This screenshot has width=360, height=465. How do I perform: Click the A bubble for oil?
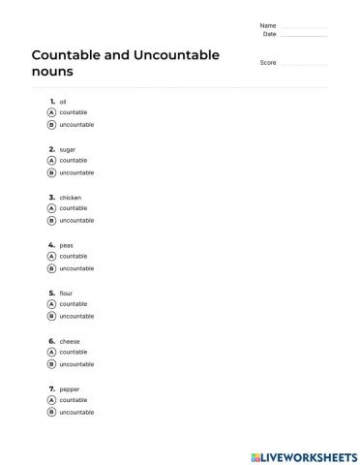point(51,112)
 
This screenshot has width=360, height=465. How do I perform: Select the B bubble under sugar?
point(51,172)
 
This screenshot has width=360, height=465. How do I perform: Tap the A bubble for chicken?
point(51,208)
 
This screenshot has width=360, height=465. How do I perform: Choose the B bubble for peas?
point(51,268)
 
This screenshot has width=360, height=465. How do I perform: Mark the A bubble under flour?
point(51,304)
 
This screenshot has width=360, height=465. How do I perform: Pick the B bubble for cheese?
point(51,364)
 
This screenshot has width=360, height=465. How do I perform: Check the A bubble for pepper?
point(51,400)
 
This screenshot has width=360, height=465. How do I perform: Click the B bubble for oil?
point(51,125)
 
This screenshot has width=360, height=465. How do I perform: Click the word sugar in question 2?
point(68,149)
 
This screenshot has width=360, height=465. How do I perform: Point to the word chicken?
point(71,197)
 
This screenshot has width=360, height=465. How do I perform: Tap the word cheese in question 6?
point(71,341)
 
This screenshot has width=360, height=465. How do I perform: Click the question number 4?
point(50,245)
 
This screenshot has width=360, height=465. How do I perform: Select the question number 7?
point(50,388)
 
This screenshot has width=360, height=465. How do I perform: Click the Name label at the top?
point(268,25)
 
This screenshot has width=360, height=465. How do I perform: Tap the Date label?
point(270,34)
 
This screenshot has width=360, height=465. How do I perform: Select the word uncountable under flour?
point(76,317)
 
